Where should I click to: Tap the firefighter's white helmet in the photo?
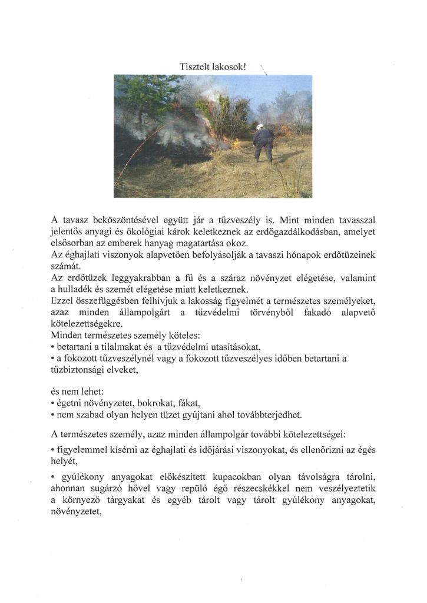[260, 127]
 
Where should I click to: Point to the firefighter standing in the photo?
[262, 144]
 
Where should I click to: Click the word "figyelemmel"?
[86, 450]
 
